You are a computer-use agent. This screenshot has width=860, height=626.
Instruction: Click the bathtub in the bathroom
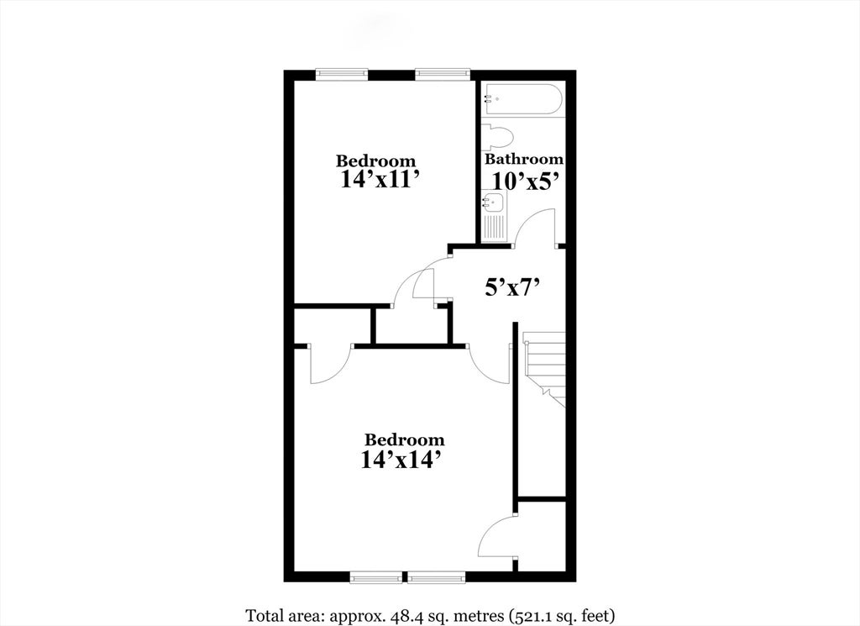click(522, 99)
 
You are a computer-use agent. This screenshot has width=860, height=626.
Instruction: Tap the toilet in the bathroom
click(497, 137)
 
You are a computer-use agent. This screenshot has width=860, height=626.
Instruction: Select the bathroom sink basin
click(494, 203)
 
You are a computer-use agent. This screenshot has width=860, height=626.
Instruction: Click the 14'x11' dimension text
click(383, 180)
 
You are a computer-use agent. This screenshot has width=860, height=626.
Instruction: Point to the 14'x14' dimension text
click(401, 460)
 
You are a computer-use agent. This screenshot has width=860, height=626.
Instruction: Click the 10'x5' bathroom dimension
click(526, 181)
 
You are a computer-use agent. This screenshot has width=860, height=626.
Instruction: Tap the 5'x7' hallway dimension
click(514, 287)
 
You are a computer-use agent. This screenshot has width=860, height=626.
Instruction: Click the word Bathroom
click(524, 159)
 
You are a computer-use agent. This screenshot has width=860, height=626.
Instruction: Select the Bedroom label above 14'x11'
click(375, 161)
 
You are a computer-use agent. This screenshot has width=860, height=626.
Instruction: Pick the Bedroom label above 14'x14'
click(404, 440)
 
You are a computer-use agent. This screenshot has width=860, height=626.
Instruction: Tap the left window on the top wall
click(342, 73)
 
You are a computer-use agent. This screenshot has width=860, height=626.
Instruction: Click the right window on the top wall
click(443, 73)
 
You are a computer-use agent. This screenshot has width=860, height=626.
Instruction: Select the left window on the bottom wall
click(375, 577)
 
